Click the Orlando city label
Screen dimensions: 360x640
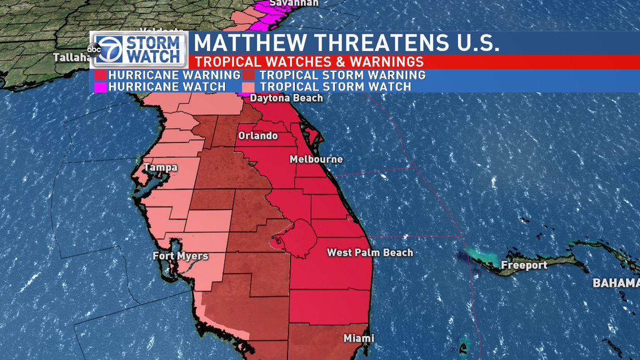(258, 136)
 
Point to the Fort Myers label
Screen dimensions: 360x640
(180, 256)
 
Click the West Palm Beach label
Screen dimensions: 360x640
(370, 252)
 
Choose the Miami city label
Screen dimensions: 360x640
(358, 338)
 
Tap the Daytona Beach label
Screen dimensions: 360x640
(287, 98)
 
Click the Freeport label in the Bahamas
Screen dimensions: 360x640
(524, 265)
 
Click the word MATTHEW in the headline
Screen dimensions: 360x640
(251, 43)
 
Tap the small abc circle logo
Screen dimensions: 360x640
(94, 50)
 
